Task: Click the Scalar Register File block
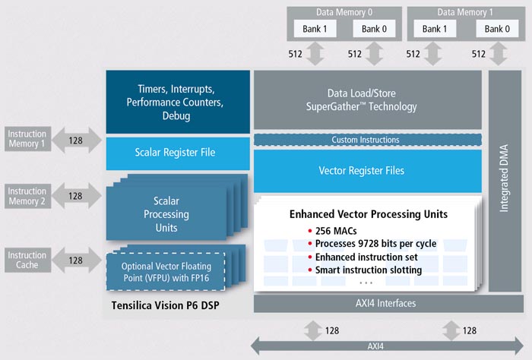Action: [x=178, y=153]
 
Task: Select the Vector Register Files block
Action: [x=368, y=171]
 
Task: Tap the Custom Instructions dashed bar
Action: [x=368, y=140]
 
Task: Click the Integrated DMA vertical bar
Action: [x=505, y=181]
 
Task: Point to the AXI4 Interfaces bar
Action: [x=388, y=303]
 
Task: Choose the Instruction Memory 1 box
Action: [x=28, y=139]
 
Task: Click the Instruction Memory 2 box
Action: [x=28, y=196]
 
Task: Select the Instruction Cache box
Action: [x=28, y=260]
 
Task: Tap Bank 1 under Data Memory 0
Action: [x=315, y=29]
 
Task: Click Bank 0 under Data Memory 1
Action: [x=497, y=29]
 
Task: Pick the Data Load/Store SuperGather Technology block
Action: [x=368, y=99]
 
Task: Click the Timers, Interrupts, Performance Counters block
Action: [x=178, y=102]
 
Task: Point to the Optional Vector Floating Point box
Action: [x=166, y=272]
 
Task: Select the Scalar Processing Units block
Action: [x=166, y=214]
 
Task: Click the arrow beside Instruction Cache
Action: [x=77, y=260]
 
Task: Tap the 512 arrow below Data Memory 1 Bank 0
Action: [x=499, y=54]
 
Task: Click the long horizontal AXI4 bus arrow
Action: [x=387, y=346]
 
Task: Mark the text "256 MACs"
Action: [x=336, y=231]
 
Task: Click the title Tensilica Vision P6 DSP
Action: [x=165, y=305]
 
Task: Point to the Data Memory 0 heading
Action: [x=344, y=13]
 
